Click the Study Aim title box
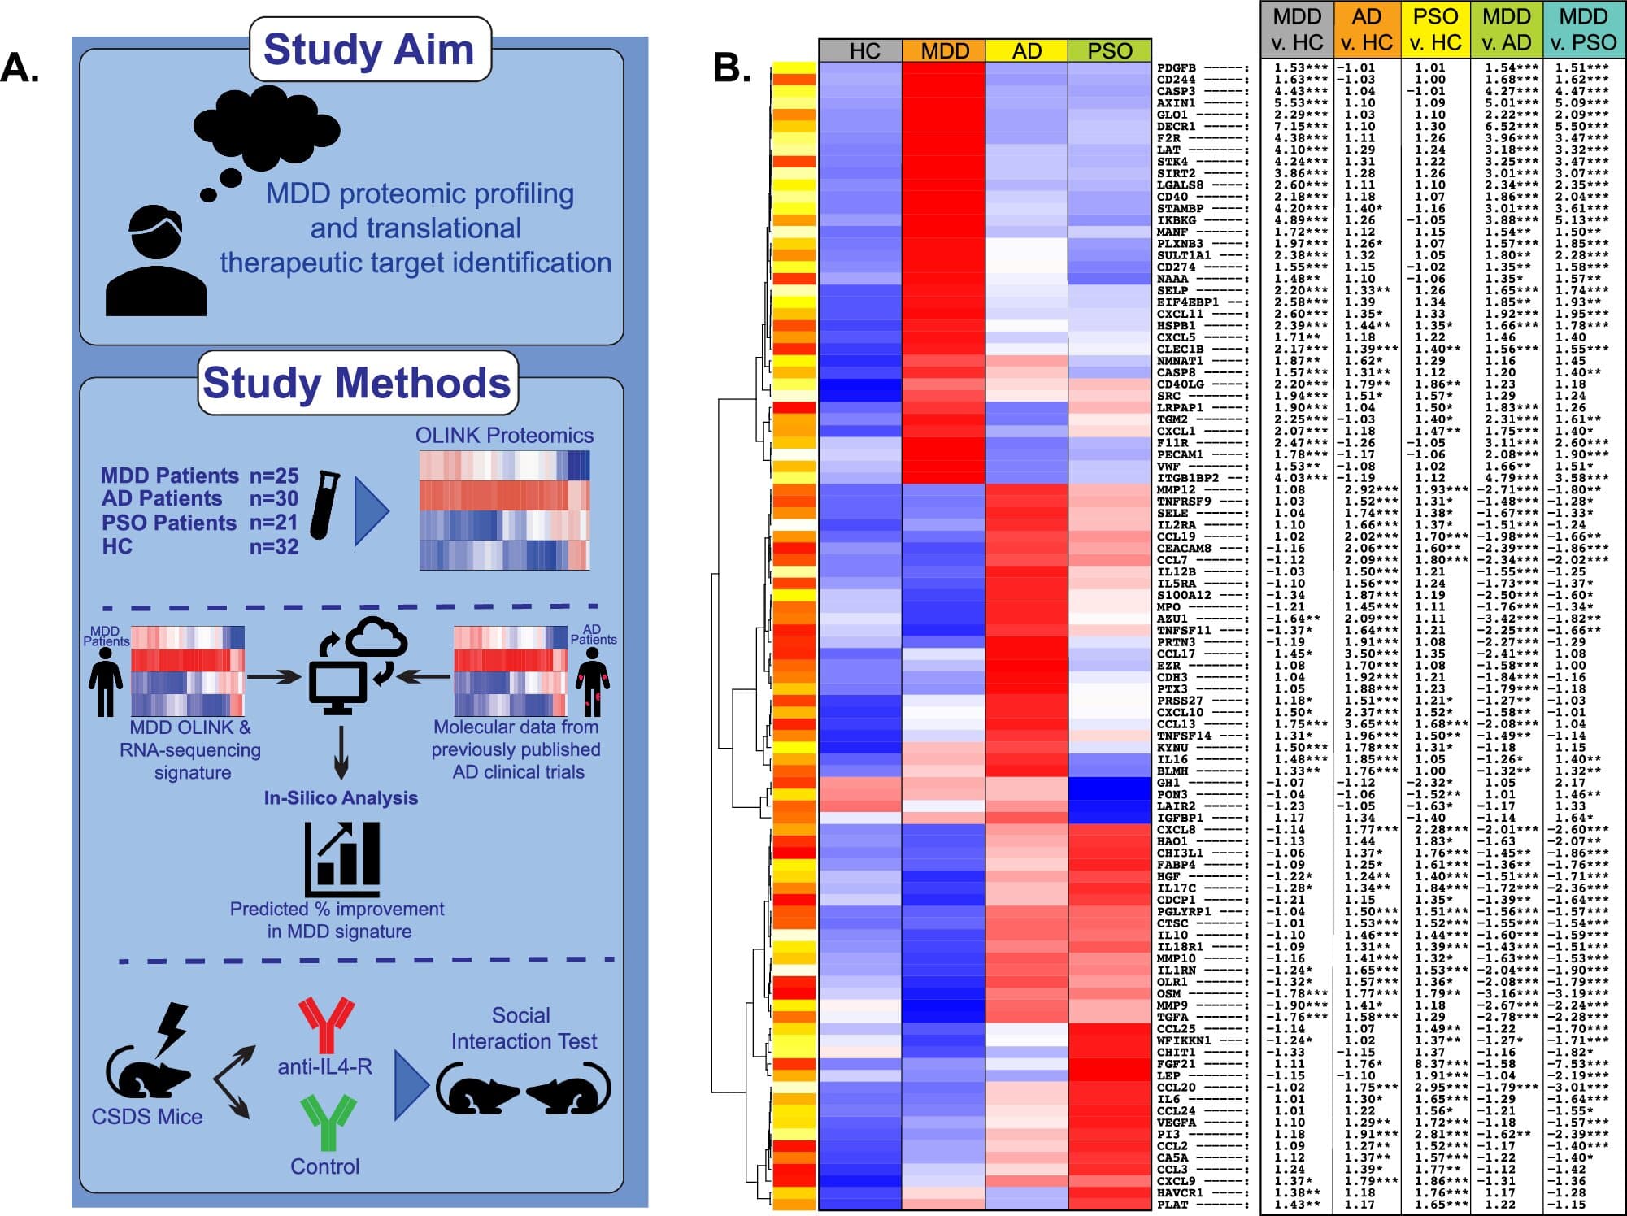pos(369,49)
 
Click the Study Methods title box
pos(357,382)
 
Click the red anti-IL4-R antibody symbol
pos(326,1023)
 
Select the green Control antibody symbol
pos(327,1121)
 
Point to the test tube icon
pos(325,505)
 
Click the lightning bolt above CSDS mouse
pos(173,1028)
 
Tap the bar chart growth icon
pos(342,858)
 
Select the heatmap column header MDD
pos(944,50)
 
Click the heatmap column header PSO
pos(1109,50)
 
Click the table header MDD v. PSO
pos(1583,29)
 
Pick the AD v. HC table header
pos(1366,29)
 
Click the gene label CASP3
pos(1176,91)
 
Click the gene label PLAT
pos(1172,1205)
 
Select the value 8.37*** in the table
pos(1436,1064)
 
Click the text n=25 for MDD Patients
pos(274,476)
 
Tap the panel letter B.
pos(731,68)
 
